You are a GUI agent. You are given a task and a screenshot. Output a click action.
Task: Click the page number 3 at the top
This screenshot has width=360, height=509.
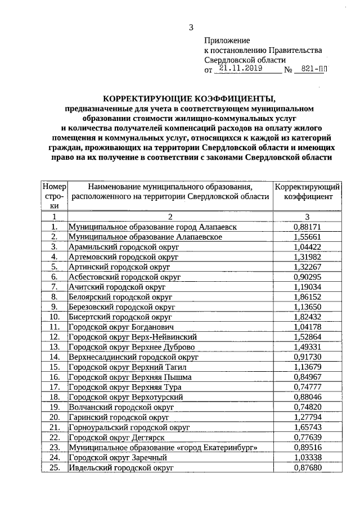[x=191, y=27]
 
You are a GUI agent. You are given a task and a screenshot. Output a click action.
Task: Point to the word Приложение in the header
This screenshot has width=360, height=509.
[x=226, y=40]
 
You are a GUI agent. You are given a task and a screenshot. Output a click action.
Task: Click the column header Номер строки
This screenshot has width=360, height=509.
[x=55, y=196]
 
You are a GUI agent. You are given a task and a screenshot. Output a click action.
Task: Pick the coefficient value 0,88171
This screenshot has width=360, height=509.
[x=307, y=226]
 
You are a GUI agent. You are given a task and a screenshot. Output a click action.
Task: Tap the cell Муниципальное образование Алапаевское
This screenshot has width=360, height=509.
[x=145, y=237]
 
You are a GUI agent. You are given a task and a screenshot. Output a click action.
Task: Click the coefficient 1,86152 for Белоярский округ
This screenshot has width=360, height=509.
[x=307, y=296]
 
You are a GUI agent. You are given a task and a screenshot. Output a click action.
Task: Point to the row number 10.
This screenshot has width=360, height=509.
[x=55, y=317]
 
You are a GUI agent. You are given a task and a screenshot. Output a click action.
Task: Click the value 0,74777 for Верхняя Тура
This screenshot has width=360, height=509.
[x=307, y=387]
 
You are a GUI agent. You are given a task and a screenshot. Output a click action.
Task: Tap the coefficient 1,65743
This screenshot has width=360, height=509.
[x=307, y=427]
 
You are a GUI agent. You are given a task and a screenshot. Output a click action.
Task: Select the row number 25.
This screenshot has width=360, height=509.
[x=55, y=467]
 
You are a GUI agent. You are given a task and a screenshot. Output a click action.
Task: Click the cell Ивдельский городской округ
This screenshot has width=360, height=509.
[x=120, y=467]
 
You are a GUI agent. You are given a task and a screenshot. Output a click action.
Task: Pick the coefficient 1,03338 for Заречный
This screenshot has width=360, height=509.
[x=307, y=457]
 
